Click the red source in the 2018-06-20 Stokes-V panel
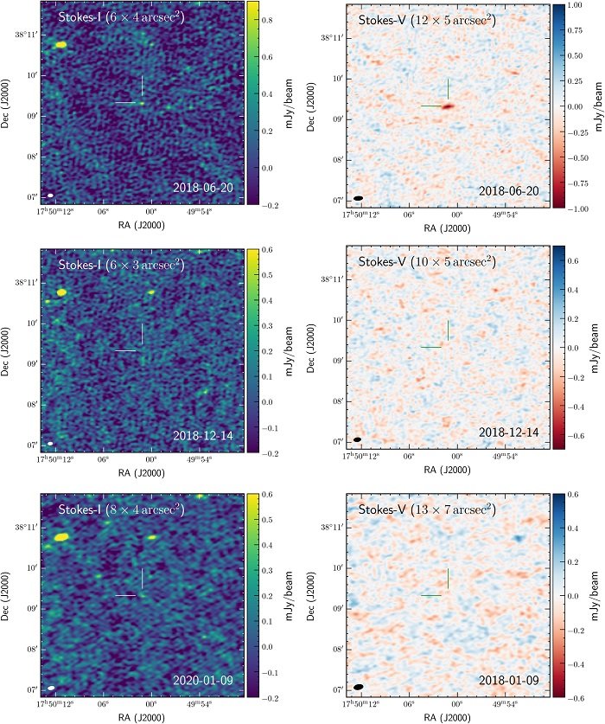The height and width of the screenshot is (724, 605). point(448,106)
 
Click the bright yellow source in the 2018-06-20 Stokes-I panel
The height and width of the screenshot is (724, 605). point(60,44)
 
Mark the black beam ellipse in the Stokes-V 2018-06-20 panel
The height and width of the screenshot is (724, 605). point(358,198)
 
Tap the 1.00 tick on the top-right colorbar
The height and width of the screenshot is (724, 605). point(572,6)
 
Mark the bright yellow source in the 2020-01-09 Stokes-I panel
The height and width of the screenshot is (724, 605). point(60,537)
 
